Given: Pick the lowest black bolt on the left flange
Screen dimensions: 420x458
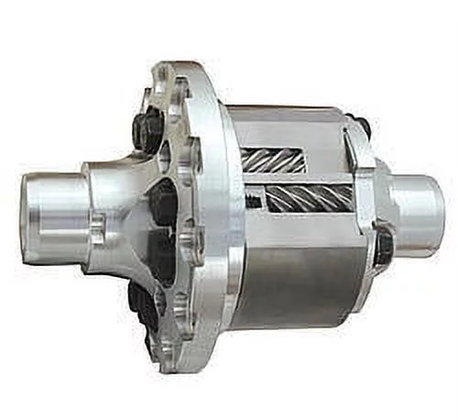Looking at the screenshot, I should [144, 303].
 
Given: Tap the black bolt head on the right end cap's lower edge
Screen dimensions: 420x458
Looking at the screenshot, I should [384, 246].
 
